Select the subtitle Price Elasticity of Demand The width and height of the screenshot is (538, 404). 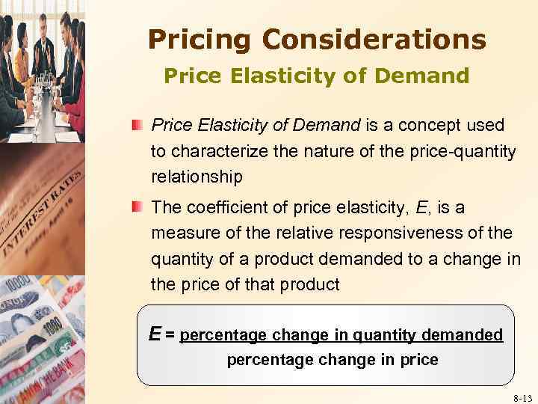tap(316, 76)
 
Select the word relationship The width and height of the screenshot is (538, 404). tap(197, 178)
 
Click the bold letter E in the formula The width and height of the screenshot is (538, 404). tap(155, 333)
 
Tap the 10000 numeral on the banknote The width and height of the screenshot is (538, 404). tap(21, 293)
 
